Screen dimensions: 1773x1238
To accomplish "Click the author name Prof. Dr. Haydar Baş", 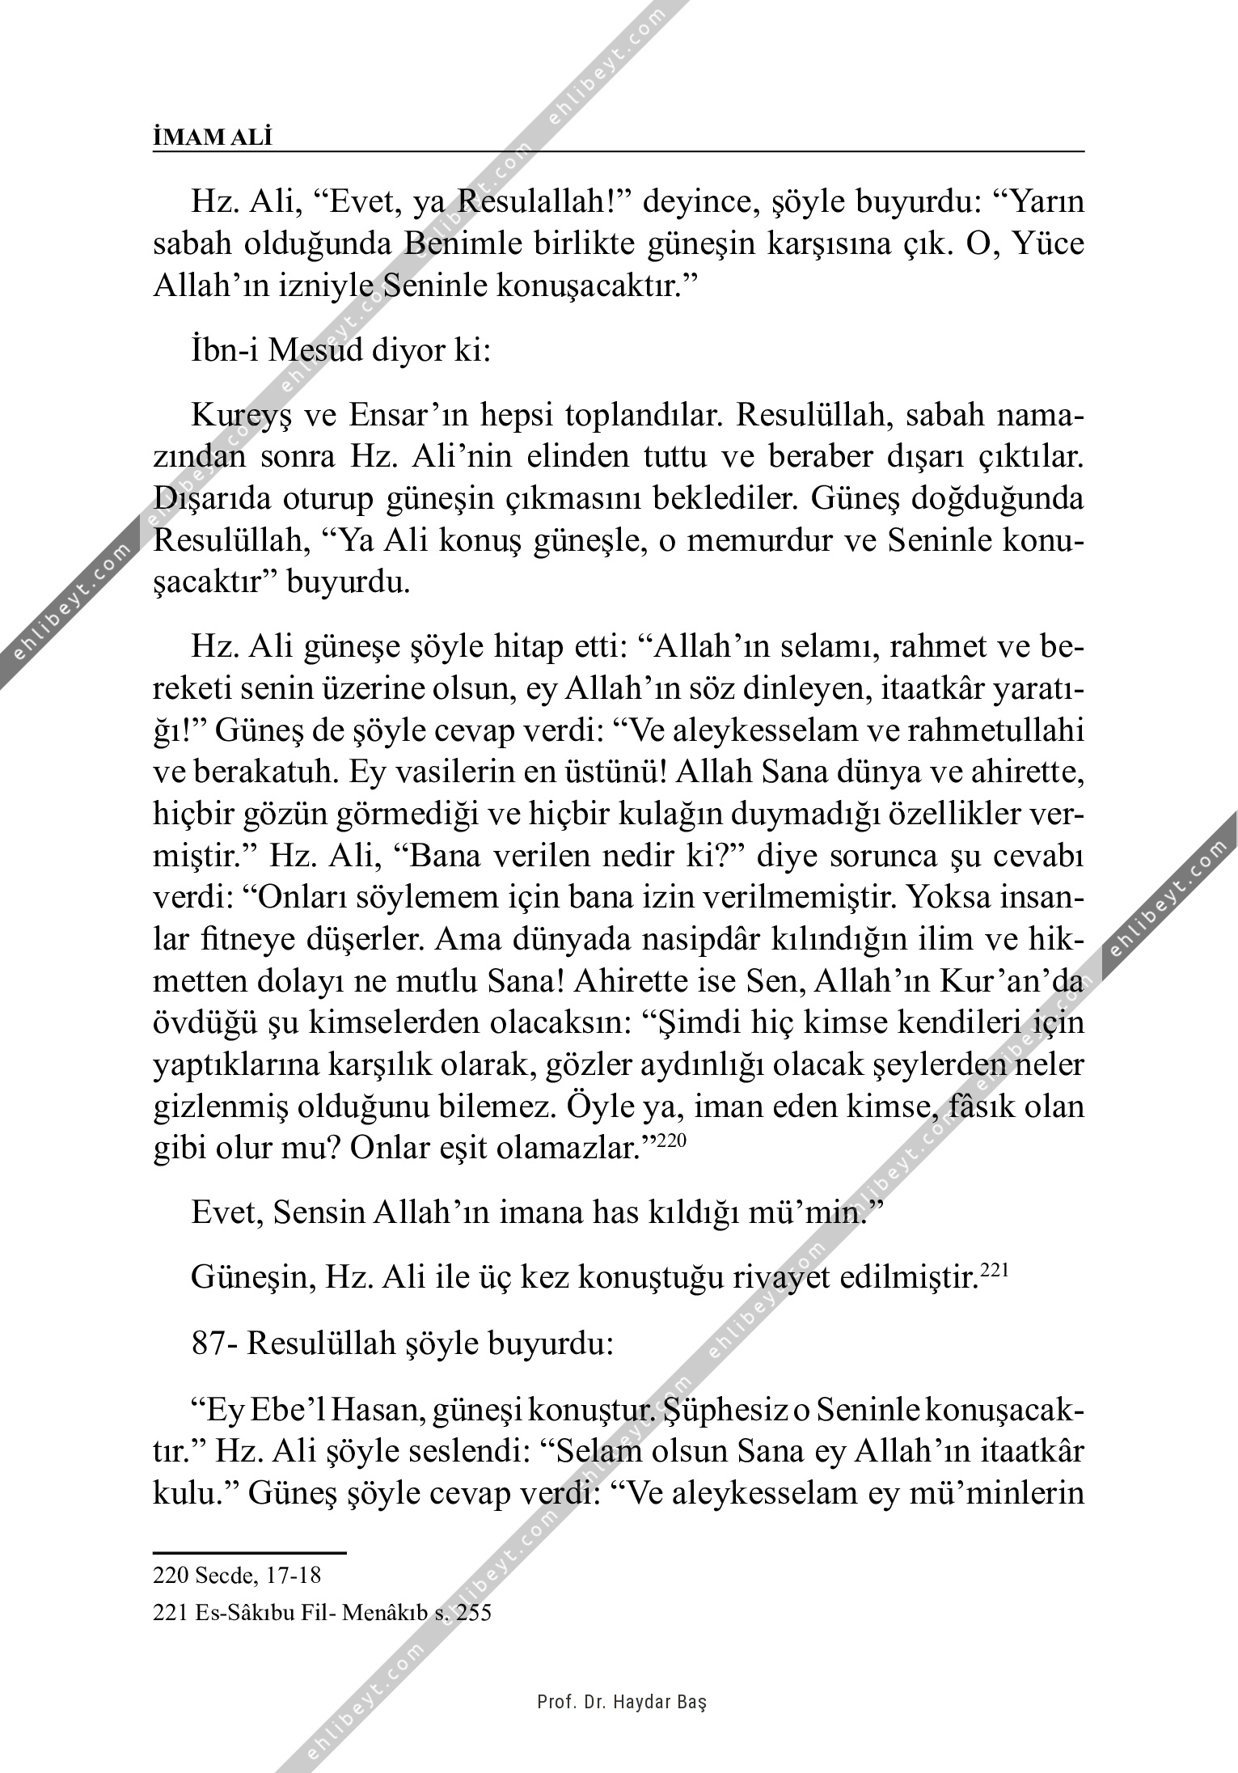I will (622, 1700).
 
